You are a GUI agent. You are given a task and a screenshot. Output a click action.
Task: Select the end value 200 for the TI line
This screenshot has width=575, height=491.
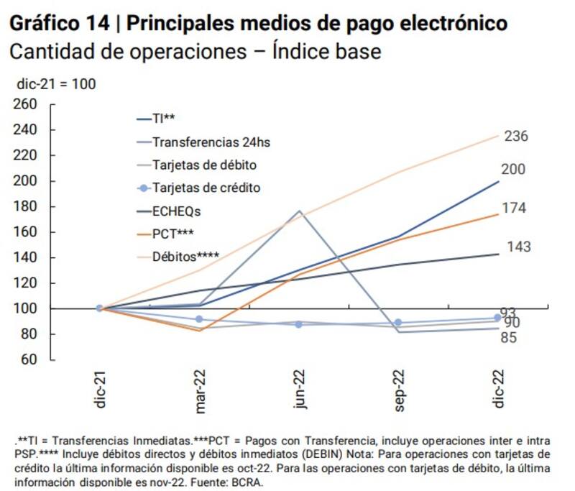point(513,170)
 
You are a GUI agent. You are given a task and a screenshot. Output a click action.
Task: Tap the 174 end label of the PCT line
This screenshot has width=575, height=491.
point(514,208)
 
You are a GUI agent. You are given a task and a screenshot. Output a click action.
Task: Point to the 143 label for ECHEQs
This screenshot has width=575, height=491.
point(518,247)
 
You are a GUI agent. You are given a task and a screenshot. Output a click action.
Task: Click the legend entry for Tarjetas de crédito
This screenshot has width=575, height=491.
point(206,188)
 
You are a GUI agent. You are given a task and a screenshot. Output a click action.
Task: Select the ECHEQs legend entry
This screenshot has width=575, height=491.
point(177,211)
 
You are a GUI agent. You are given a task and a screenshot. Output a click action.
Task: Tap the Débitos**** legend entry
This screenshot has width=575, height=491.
point(186,256)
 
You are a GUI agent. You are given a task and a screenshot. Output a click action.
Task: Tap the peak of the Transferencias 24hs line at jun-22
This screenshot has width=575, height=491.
point(298,211)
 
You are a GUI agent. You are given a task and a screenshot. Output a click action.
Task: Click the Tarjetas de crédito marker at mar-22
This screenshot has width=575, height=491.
point(199,319)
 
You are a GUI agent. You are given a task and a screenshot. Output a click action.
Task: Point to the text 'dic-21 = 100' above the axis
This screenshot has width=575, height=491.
point(56,84)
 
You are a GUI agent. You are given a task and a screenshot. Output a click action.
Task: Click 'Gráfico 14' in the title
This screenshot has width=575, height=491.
point(60,24)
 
